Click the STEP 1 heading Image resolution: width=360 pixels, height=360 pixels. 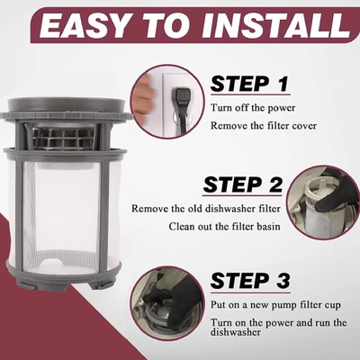click(249, 84)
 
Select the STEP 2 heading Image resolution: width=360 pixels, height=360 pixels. click(243, 184)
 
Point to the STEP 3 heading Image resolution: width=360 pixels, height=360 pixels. click(250, 281)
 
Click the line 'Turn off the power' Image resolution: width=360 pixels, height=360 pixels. click(253, 108)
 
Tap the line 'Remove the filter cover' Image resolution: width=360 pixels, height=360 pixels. click(264, 125)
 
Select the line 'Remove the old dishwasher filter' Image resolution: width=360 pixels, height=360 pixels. click(206, 209)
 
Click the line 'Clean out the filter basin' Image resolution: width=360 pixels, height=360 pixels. click(225, 226)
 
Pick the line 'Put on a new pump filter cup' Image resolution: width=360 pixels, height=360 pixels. click(275, 305)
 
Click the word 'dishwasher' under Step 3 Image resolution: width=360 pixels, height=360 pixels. click(236, 332)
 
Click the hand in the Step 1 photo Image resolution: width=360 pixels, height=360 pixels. click(144, 96)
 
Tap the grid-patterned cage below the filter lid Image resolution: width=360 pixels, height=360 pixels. click(64, 138)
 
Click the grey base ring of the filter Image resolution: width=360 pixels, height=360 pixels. click(64, 275)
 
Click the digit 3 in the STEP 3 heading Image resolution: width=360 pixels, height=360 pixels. click(282, 281)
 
